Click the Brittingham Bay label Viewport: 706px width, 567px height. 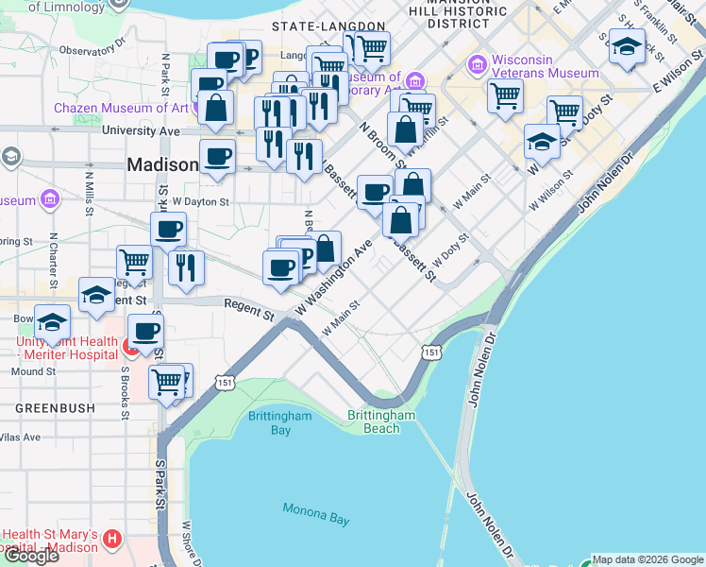coord(269,422)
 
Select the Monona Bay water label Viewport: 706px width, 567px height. coord(315,514)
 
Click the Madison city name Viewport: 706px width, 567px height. coord(162,165)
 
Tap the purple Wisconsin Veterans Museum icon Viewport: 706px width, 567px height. coord(478,65)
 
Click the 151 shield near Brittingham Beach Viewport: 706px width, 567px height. coord(430,352)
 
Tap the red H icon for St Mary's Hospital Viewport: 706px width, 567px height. coord(112,540)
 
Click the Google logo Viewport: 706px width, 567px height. coord(31,556)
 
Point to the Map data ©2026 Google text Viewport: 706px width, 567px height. coord(647,559)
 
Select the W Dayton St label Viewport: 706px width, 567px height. coord(200,202)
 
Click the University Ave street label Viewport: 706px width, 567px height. coord(141,130)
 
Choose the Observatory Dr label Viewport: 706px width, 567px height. coord(92,50)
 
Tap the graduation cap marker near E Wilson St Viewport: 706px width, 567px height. coord(625,47)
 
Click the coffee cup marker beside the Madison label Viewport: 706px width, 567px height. coord(217,156)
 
